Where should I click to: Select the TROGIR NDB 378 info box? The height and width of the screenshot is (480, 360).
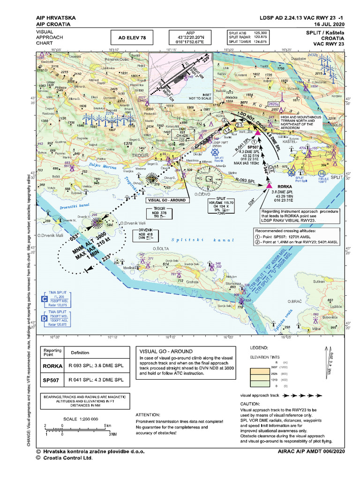[160, 211]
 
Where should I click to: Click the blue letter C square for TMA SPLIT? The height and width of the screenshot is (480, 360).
[45, 299]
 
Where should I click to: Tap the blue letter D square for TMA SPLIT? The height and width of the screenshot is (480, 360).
[45, 318]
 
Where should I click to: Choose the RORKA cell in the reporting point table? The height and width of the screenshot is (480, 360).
[52, 367]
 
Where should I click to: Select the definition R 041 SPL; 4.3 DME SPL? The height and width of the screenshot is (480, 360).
[96, 380]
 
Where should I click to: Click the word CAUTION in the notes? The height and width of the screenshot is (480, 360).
[253, 404]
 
